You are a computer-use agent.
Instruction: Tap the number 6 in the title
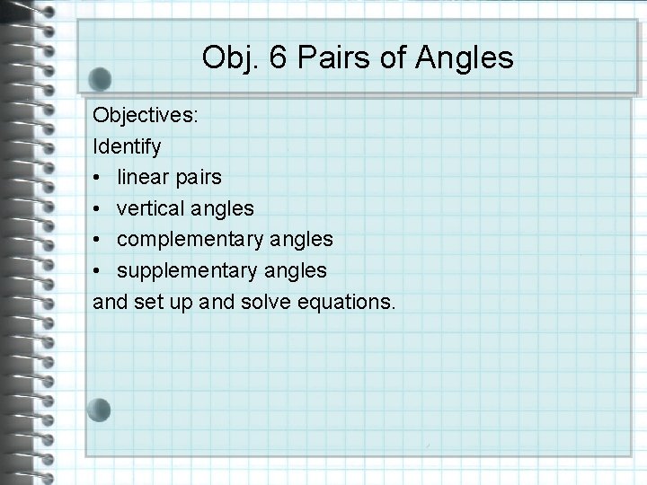(x=275, y=58)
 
